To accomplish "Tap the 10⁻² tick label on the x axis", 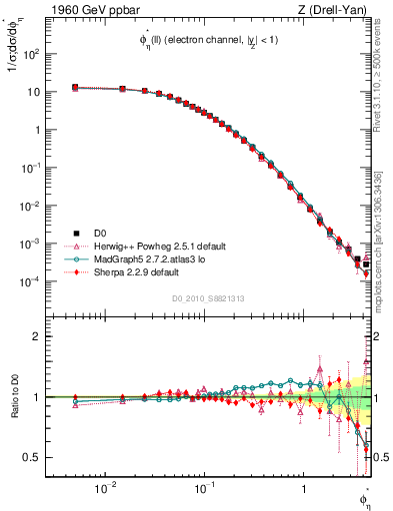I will (x=105, y=488).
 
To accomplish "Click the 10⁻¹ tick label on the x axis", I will (x=203, y=488).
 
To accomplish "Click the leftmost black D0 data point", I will (x=75, y=88).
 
